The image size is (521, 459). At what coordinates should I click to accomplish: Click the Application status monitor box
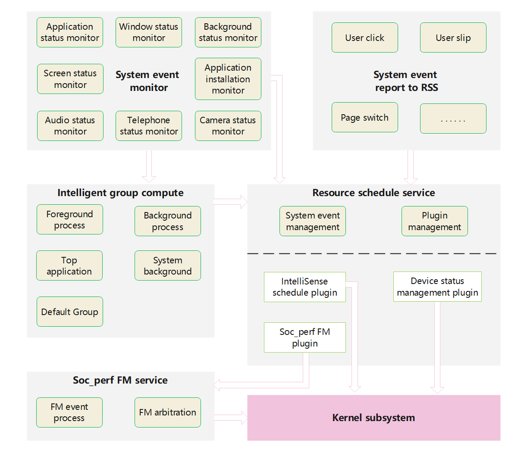(x=70, y=32)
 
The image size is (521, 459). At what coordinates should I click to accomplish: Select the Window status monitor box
(x=149, y=32)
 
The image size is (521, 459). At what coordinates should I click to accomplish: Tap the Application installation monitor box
(x=228, y=79)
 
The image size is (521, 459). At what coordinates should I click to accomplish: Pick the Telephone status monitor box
(x=149, y=126)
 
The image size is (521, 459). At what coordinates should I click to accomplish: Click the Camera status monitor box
(x=228, y=126)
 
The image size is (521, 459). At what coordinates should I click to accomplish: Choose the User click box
(x=365, y=37)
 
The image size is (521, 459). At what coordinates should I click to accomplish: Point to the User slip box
(x=453, y=37)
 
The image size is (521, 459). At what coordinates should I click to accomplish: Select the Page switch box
(x=365, y=117)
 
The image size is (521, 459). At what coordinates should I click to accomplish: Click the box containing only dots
(x=453, y=119)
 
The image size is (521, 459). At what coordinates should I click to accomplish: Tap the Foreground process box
(x=70, y=219)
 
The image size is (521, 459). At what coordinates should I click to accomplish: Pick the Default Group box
(x=70, y=312)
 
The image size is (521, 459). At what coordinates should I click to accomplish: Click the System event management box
(x=313, y=221)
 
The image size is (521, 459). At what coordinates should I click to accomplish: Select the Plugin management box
(x=435, y=221)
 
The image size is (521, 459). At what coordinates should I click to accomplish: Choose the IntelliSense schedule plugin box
(x=305, y=287)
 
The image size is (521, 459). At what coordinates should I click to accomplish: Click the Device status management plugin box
(x=437, y=287)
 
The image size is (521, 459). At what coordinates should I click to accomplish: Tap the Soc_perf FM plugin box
(x=305, y=337)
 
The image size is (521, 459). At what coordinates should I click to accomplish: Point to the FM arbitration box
(x=168, y=412)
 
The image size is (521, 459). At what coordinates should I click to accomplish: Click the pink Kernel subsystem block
(x=373, y=418)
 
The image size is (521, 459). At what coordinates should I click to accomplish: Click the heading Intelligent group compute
(x=120, y=193)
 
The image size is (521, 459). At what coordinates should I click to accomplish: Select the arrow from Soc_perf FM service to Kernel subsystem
(x=231, y=417)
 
